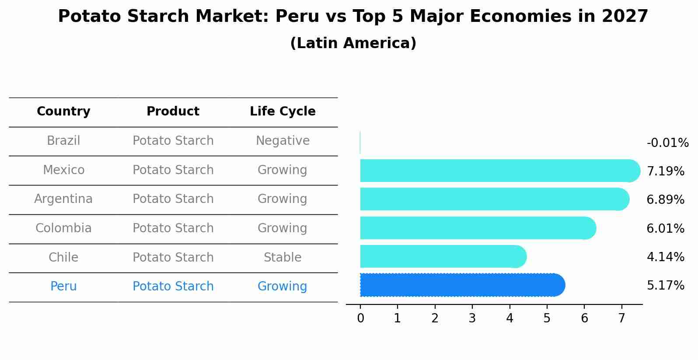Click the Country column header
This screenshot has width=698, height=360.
[63, 112]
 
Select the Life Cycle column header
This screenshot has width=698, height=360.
[283, 112]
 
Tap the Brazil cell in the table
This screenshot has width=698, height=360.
[63, 141]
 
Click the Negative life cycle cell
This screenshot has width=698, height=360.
[283, 141]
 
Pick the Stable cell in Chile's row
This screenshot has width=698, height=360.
[283, 258]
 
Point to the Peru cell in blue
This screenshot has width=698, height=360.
[63, 287]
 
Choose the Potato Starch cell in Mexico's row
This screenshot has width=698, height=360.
[173, 170]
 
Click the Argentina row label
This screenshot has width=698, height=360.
[63, 199]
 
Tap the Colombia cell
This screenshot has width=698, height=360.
[63, 228]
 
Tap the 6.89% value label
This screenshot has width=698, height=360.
[665, 200]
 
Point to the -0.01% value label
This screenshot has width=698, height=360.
[667, 143]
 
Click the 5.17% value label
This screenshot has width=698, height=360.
[665, 286]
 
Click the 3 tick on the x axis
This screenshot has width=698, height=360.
[472, 318]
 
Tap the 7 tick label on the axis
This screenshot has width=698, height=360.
[621, 318]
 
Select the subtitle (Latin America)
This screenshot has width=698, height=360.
[353, 43]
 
